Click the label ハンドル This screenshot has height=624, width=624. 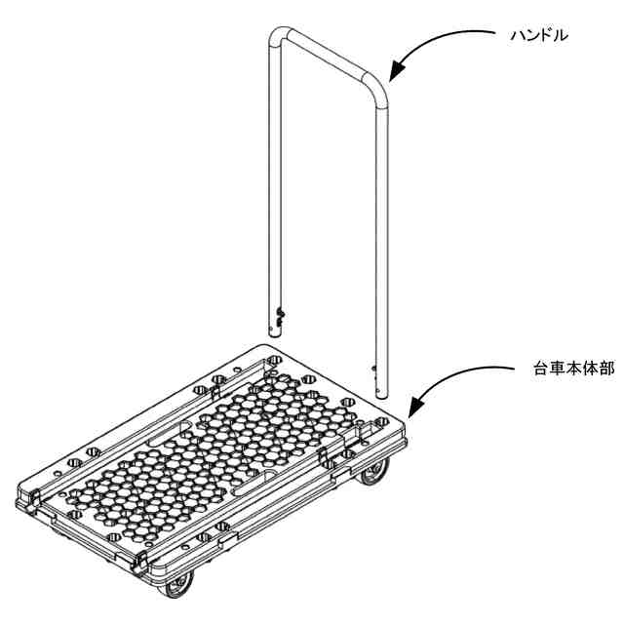[x=539, y=36]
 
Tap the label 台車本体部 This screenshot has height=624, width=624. [x=573, y=369]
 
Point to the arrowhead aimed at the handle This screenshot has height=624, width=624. [x=397, y=71]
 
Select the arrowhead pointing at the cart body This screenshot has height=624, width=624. [x=416, y=406]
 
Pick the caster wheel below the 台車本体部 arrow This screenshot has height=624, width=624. [x=374, y=472]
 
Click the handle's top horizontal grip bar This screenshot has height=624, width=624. [x=327, y=56]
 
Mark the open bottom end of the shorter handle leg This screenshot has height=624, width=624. [x=275, y=336]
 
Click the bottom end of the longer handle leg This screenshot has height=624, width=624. [x=381, y=395]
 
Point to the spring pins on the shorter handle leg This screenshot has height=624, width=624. [x=281, y=316]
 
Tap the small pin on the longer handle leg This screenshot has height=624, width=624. [x=373, y=369]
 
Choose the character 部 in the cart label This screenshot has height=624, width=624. [x=606, y=369]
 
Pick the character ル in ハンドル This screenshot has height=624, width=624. [x=561, y=36]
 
